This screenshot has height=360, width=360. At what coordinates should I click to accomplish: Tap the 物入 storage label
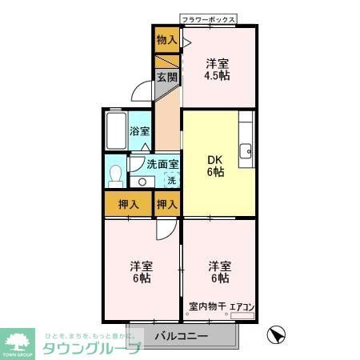(166, 39)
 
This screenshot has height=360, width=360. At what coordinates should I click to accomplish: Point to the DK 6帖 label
(217, 163)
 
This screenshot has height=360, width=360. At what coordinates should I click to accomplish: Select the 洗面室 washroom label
(162, 166)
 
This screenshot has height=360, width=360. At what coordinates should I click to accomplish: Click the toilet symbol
(115, 174)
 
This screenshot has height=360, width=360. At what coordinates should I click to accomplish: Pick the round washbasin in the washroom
(141, 182)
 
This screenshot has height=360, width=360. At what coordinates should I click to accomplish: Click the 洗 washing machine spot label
(170, 181)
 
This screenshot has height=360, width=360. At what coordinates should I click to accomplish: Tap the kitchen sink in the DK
(247, 149)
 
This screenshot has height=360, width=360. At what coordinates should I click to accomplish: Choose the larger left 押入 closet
(128, 204)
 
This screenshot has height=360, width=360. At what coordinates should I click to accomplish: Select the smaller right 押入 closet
(166, 204)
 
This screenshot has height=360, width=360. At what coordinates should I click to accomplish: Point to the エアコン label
(242, 306)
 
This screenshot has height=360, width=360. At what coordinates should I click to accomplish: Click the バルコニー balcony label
(181, 336)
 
